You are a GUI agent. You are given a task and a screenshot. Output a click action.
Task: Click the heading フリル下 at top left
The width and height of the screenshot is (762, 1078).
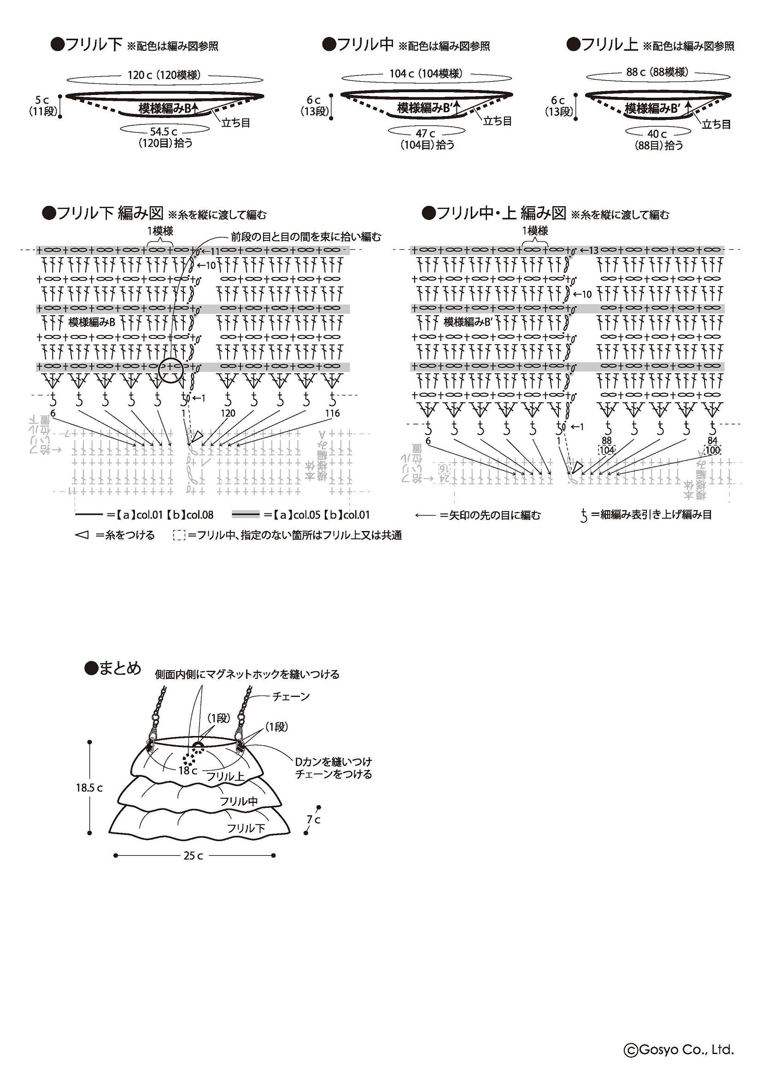click(x=94, y=45)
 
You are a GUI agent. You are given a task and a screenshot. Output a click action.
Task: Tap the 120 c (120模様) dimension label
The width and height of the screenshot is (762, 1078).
click(x=164, y=75)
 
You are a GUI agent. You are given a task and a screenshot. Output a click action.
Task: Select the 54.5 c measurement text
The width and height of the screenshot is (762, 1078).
click(x=164, y=132)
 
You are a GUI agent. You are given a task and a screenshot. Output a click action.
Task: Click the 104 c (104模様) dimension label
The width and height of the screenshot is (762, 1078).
click(x=426, y=73)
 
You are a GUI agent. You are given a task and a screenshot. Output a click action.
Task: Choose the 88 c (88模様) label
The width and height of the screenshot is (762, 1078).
click(x=657, y=72)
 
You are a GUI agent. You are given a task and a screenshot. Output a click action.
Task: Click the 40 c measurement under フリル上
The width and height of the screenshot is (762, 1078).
click(x=657, y=134)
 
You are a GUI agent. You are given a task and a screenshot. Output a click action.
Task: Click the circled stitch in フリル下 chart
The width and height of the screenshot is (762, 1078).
click(x=170, y=370)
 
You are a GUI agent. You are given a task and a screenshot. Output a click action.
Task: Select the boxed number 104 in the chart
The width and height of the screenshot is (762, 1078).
click(x=607, y=450)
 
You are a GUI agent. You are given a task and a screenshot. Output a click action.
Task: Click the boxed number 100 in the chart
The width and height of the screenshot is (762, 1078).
click(x=712, y=450)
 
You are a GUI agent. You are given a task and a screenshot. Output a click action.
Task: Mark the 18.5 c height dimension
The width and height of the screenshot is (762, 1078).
click(x=89, y=787)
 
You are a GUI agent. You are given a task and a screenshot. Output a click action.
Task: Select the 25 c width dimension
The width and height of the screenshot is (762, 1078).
click(x=193, y=855)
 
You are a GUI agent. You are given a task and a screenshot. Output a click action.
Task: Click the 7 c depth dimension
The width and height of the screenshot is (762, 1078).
click(x=313, y=819)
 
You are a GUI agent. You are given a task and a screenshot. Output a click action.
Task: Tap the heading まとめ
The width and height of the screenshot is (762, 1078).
click(x=119, y=669)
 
